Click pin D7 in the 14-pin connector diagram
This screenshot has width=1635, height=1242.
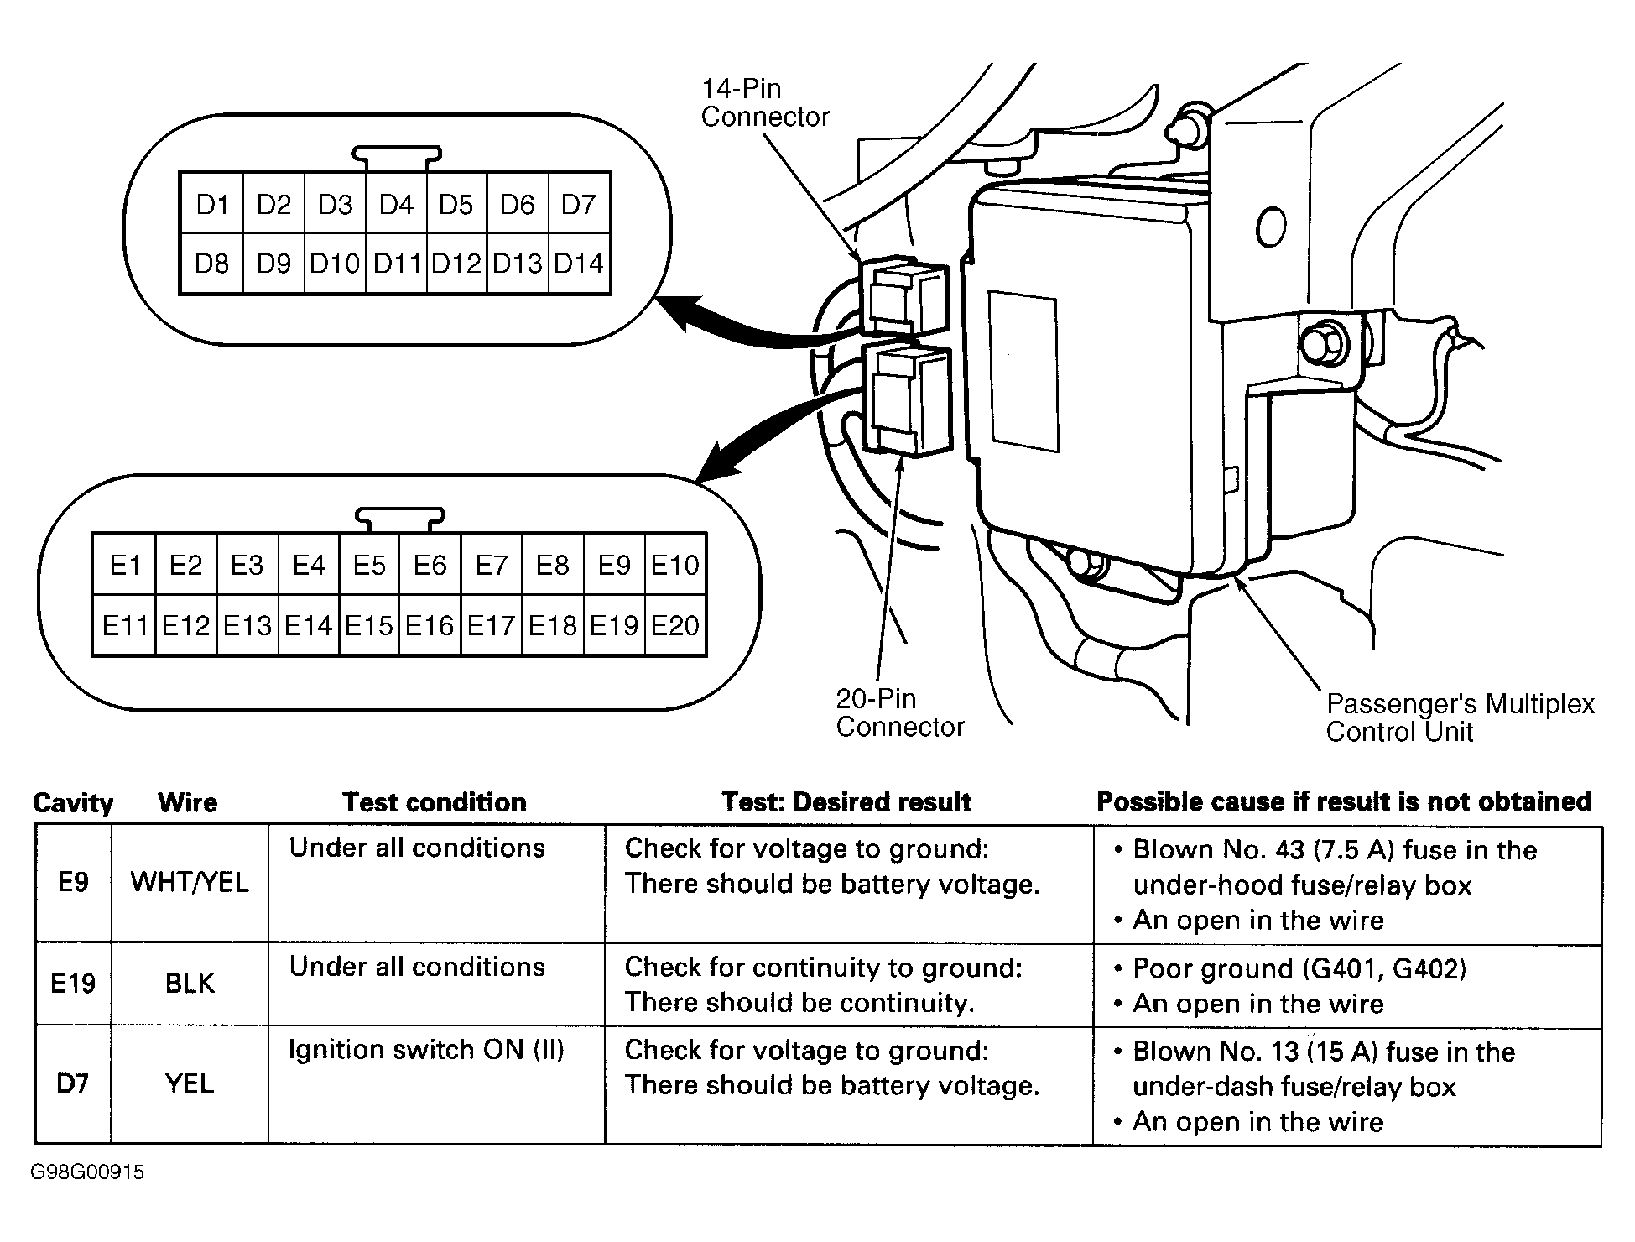(578, 204)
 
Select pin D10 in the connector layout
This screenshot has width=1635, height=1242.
(335, 264)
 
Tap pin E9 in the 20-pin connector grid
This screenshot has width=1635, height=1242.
(614, 565)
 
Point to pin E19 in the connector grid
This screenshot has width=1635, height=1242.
(614, 625)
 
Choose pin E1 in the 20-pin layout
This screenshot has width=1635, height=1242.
(125, 565)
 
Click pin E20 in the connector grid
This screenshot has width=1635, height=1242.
(675, 625)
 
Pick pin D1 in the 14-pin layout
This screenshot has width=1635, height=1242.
(212, 204)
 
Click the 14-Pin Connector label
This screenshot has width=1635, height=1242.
(764, 102)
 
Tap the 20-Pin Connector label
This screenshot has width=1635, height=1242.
(899, 712)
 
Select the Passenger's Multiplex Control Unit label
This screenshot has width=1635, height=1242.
(1459, 718)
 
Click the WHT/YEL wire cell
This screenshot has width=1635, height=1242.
(190, 882)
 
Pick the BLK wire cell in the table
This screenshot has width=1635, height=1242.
(190, 983)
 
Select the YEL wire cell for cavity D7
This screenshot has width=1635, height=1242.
(190, 1083)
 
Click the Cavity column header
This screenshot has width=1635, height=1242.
(73, 802)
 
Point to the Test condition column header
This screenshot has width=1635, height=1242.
(435, 802)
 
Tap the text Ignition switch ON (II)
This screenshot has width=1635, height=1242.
(426, 1050)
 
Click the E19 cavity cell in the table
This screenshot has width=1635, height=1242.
(73, 983)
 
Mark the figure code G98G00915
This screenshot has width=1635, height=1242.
(87, 1172)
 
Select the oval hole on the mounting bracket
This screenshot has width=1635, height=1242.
(1271, 226)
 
